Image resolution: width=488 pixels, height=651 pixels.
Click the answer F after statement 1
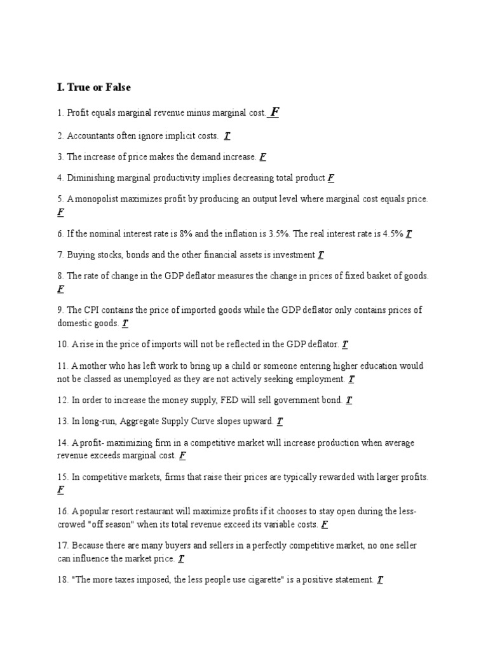pos(274,113)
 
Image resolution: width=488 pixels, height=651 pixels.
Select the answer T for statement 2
pos(227,136)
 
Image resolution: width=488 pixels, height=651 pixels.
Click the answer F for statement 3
pos(263,157)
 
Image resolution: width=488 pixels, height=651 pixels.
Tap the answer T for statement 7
pos(321,255)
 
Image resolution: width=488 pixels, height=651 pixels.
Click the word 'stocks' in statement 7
pos(105,255)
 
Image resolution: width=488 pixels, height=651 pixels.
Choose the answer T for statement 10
pos(345,345)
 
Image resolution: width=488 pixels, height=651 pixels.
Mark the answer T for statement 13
pos(280,421)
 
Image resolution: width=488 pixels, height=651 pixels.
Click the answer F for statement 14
pos(182,456)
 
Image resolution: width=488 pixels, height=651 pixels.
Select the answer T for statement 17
pos(181,559)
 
